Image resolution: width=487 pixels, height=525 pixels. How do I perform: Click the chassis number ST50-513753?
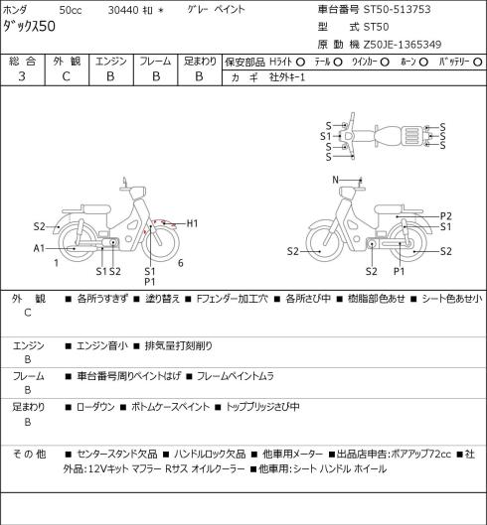coord(398,9)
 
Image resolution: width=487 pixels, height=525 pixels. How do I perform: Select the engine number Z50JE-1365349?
coord(403,45)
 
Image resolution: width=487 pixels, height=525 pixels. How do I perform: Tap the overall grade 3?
coord(22,76)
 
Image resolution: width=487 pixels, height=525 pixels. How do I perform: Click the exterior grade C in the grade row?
coord(66,76)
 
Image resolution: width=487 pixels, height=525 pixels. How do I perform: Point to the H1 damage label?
coord(192,223)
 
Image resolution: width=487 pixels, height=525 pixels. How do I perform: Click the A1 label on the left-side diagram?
coord(39,248)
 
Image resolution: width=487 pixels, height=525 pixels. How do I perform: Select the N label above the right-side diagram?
coord(335,180)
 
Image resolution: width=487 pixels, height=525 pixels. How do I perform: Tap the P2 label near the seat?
coord(446,216)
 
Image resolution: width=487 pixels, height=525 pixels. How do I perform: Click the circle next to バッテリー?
coord(478,63)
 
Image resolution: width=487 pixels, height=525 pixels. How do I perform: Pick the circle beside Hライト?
coord(300,63)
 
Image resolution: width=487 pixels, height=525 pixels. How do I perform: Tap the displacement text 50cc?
coord(71,10)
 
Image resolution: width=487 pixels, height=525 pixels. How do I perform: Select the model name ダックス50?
coord(29,27)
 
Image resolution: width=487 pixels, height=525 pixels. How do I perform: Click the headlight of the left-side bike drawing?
coord(137,193)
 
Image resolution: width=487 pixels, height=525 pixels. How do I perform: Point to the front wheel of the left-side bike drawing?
coord(161,242)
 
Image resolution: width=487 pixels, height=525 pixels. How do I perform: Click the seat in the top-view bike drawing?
coord(387,135)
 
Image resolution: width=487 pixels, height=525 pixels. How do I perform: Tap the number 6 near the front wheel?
coord(181,263)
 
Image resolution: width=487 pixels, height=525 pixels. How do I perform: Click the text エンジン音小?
coord(102,346)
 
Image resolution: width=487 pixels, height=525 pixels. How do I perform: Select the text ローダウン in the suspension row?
coord(95,407)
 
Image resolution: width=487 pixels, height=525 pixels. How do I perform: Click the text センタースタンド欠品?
coord(117,455)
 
